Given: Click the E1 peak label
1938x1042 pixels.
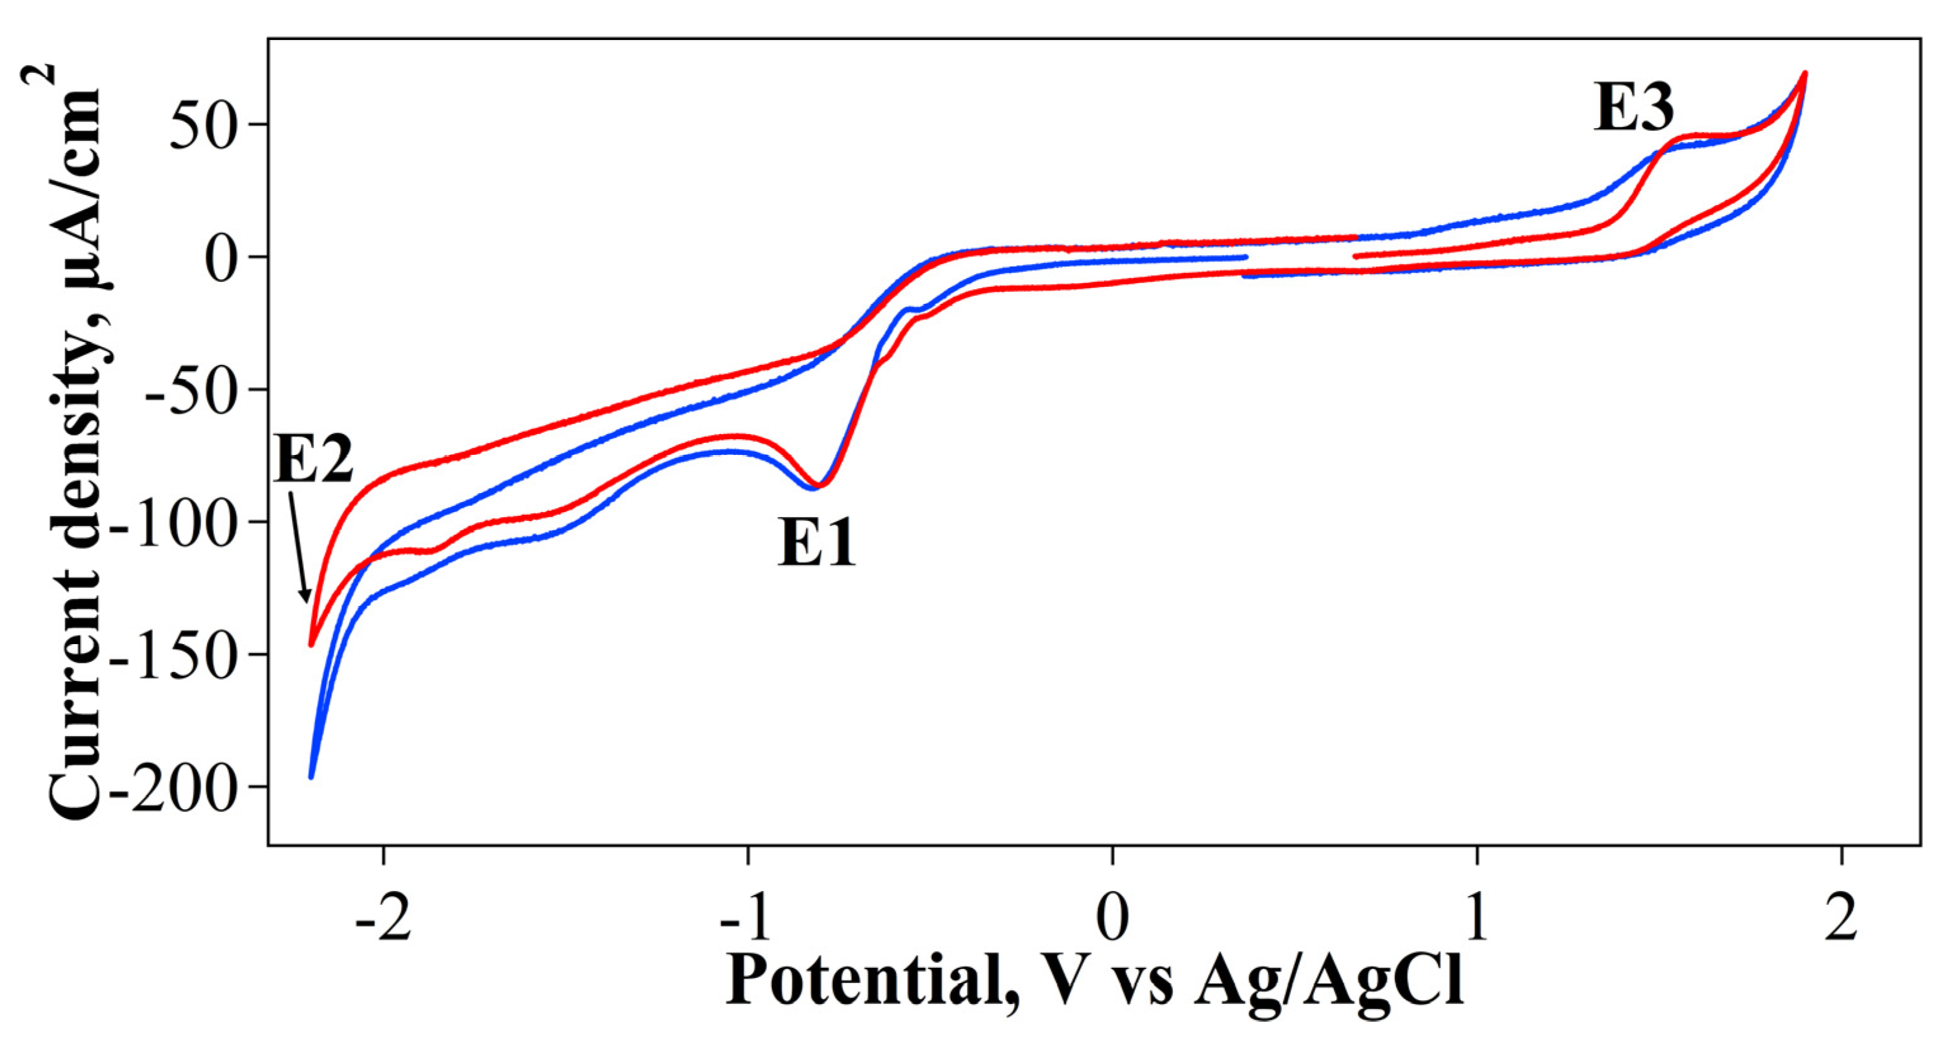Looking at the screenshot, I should pyautogui.click(x=816, y=543).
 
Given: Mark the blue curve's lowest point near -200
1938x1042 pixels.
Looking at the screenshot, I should pyautogui.click(x=311, y=776).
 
